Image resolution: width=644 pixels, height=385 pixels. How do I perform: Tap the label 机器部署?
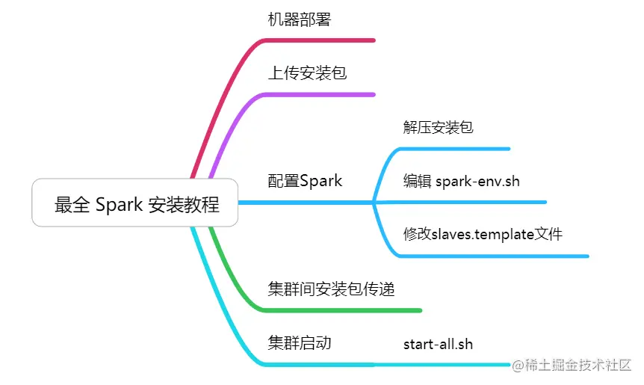(x=299, y=19)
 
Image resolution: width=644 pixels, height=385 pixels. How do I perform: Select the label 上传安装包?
(x=307, y=73)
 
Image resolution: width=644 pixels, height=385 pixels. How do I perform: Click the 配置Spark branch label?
(x=305, y=180)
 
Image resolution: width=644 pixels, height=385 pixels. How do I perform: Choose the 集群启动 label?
(x=299, y=343)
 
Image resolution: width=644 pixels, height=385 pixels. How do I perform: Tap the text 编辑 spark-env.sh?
(x=461, y=180)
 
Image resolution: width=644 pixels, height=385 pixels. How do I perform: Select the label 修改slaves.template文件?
(x=483, y=234)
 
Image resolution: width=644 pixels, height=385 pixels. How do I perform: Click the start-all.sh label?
(x=438, y=344)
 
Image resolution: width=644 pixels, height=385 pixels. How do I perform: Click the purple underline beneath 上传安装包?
(x=321, y=94)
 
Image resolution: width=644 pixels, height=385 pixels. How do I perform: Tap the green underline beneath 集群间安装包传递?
(x=344, y=309)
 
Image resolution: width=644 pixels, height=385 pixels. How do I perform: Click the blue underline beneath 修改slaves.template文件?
(x=493, y=256)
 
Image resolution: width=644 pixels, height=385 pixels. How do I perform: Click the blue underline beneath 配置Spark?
(x=306, y=202)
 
